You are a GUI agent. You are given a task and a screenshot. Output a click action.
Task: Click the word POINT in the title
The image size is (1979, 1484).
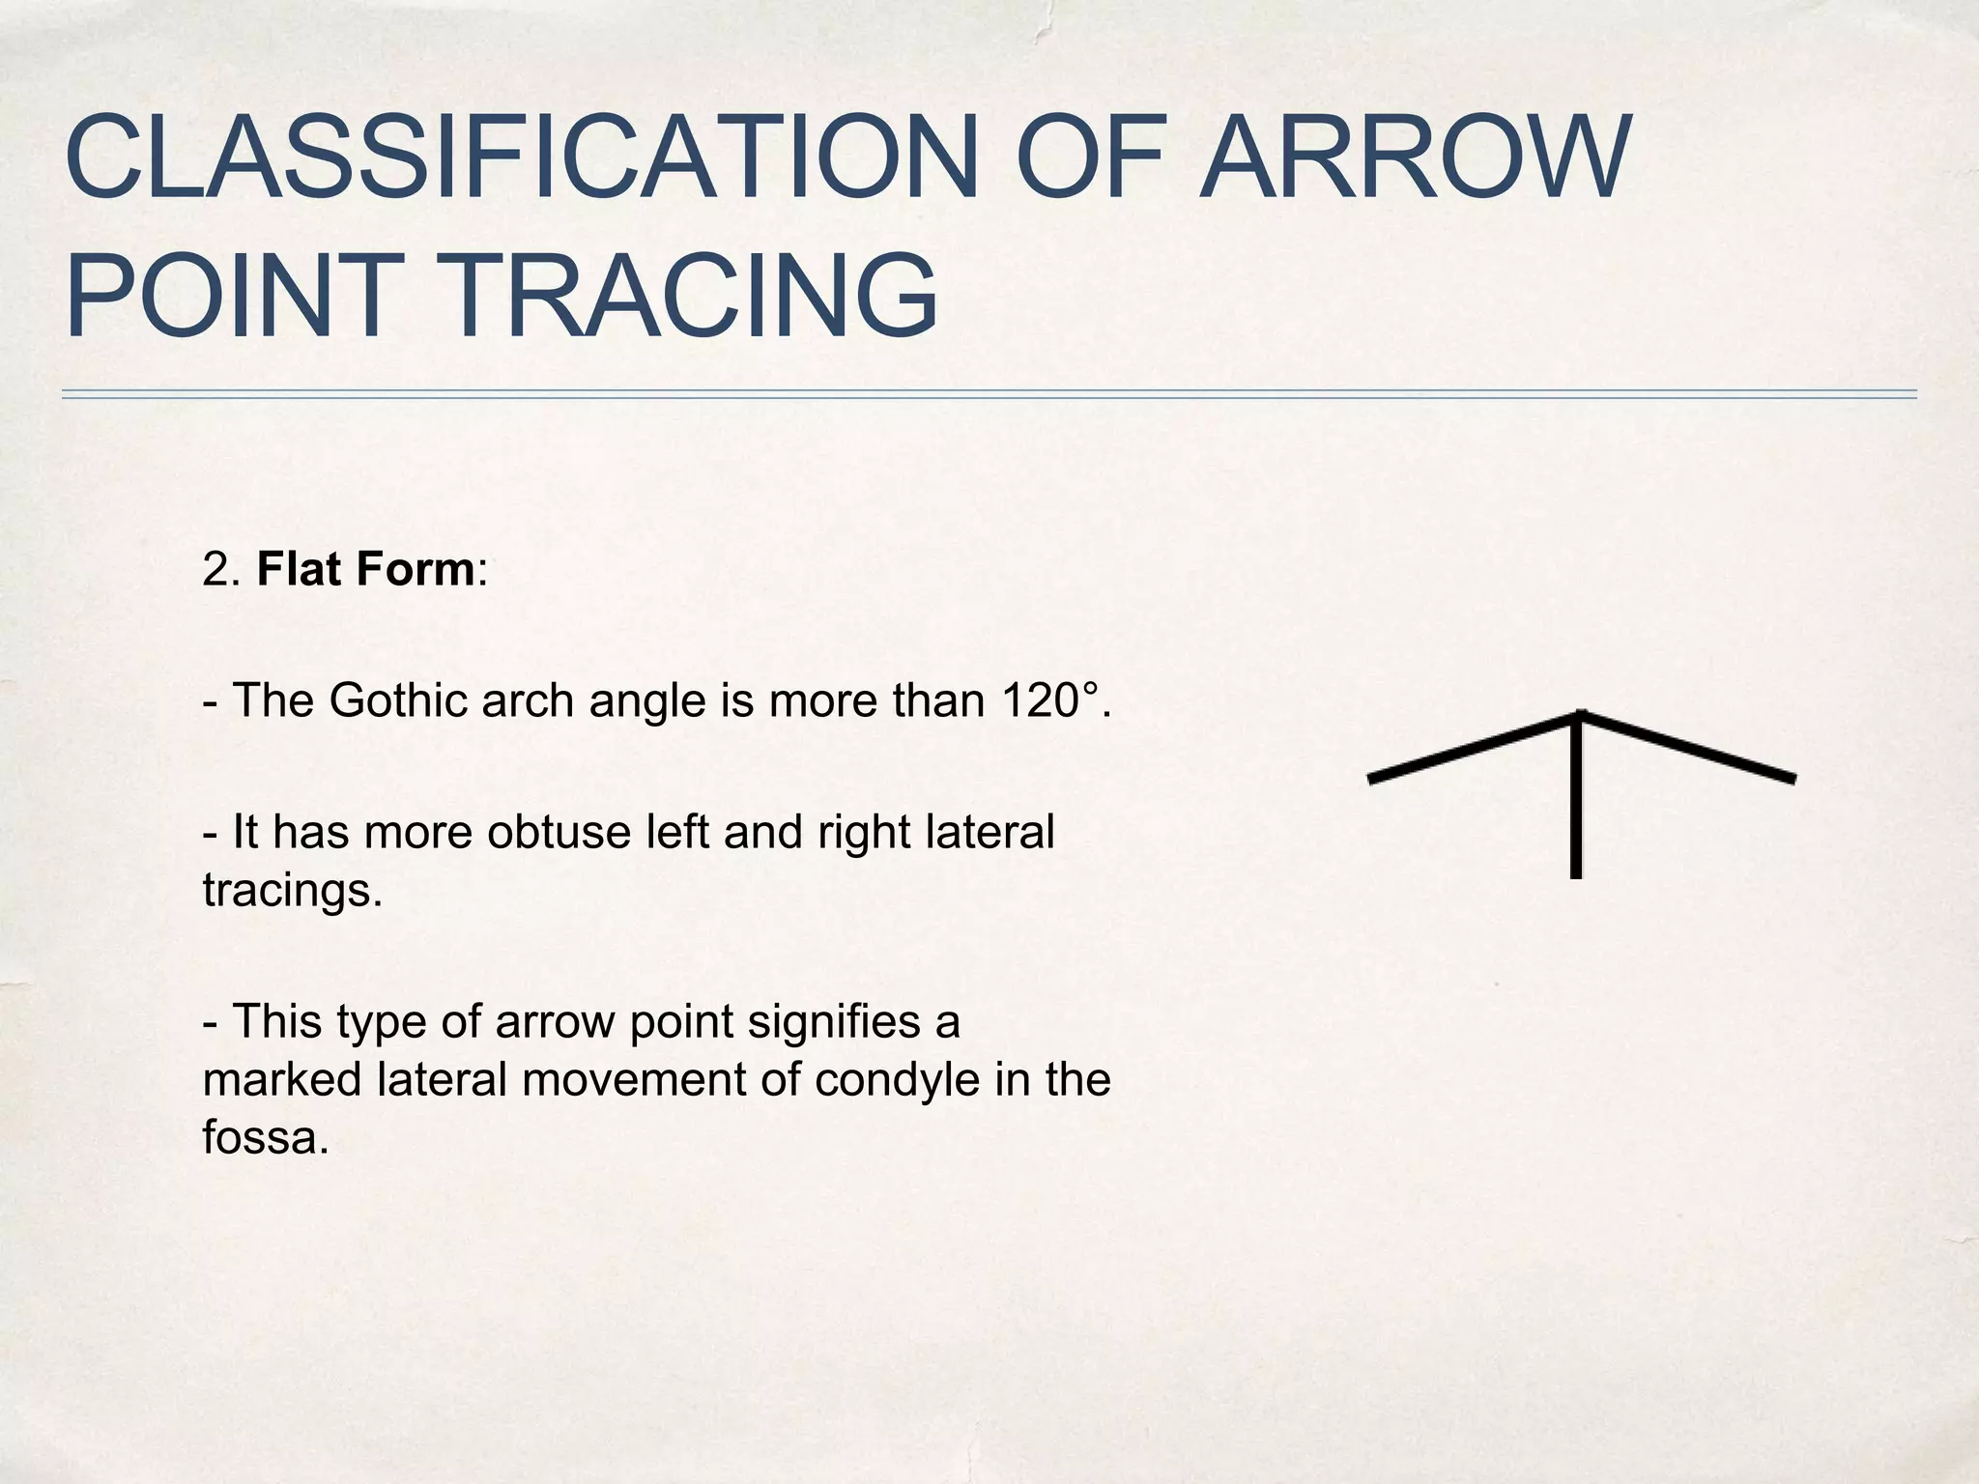point(228,296)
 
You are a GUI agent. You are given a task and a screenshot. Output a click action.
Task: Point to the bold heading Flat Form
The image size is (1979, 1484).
point(365,569)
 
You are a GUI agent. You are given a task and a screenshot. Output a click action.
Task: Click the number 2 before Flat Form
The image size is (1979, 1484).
point(217,570)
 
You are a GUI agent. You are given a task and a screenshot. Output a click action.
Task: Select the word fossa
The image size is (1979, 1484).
point(260,1137)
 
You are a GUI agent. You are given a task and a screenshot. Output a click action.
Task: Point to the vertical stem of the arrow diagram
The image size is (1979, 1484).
point(1576,812)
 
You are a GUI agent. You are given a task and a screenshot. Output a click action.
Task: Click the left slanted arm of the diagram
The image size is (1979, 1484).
point(1469,748)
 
